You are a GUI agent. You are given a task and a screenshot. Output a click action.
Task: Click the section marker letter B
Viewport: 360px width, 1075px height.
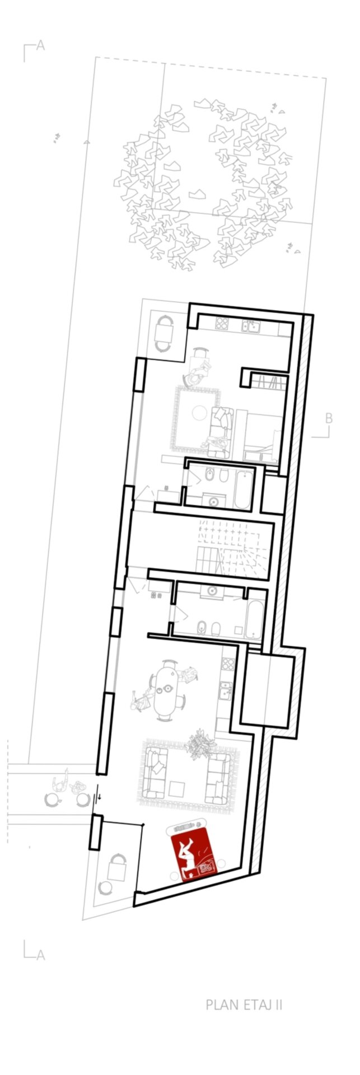[329, 418]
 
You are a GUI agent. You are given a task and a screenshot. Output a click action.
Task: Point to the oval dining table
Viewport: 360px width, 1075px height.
[166, 691]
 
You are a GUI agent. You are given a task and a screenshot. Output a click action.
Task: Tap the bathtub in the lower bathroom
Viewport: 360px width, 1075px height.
[254, 621]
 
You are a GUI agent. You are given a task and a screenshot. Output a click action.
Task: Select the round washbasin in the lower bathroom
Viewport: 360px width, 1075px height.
[212, 591]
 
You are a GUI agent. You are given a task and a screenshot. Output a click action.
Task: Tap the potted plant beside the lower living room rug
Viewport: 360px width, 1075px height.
[200, 744]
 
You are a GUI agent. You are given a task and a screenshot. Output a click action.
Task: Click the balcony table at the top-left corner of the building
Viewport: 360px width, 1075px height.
[164, 334]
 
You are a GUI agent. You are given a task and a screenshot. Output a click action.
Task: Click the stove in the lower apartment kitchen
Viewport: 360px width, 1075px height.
[227, 664]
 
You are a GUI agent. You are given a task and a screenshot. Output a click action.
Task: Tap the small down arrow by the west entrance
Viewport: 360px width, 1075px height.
[100, 795]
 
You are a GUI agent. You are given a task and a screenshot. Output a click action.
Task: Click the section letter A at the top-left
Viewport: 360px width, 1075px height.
[40, 46]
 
